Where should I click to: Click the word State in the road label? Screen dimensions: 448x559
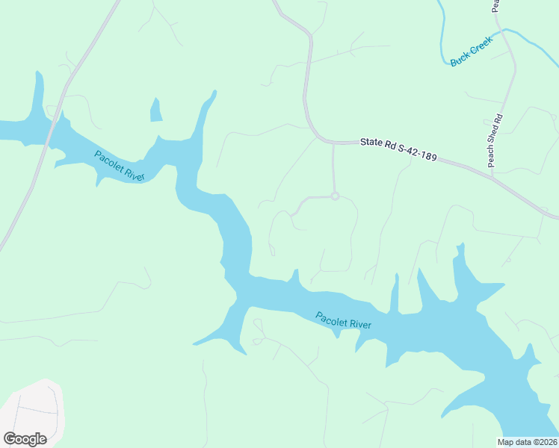pyautogui.click(x=371, y=142)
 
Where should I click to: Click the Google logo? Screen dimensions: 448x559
pyautogui.click(x=25, y=438)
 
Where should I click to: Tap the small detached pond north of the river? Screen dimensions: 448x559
pyautogui.click(x=156, y=111)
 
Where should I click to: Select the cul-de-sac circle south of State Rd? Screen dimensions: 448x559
pyautogui.click(x=335, y=196)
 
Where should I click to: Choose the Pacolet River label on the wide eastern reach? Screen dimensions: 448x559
pyautogui.click(x=343, y=320)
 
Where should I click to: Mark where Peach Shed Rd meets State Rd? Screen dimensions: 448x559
pyautogui.click(x=492, y=173)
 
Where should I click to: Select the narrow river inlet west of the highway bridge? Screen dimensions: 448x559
pyautogui.click(x=36, y=93)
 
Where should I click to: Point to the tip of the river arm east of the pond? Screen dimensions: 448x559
pyautogui.click(x=214, y=93)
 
